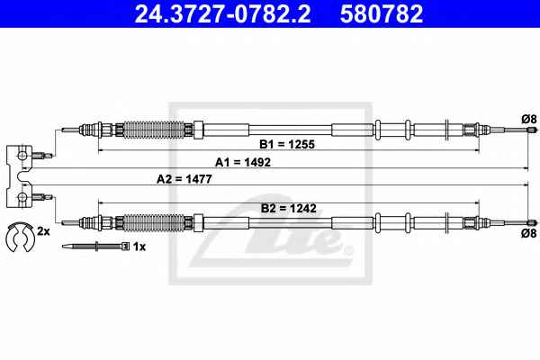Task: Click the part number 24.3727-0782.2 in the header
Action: tap(222, 14)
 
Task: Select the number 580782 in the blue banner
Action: tap(382, 14)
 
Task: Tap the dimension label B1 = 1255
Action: tap(287, 144)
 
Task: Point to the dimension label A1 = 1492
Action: tap(243, 162)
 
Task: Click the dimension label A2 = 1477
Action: tap(184, 179)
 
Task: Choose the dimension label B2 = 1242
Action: tap(289, 208)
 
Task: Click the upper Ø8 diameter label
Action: tap(529, 119)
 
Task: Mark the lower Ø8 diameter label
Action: tap(529, 233)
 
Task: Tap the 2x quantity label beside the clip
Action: tap(43, 231)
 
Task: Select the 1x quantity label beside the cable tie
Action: tap(139, 247)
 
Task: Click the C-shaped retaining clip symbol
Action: tap(20, 237)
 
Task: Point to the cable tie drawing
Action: tap(95, 247)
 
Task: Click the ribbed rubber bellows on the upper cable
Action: tap(154, 130)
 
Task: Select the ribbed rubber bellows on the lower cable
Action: tap(154, 222)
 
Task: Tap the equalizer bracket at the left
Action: tap(19, 176)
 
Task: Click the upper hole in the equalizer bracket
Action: tap(22, 156)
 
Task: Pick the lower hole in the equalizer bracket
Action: tap(22, 197)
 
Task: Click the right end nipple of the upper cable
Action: tap(532, 130)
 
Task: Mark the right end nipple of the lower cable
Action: tap(532, 222)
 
